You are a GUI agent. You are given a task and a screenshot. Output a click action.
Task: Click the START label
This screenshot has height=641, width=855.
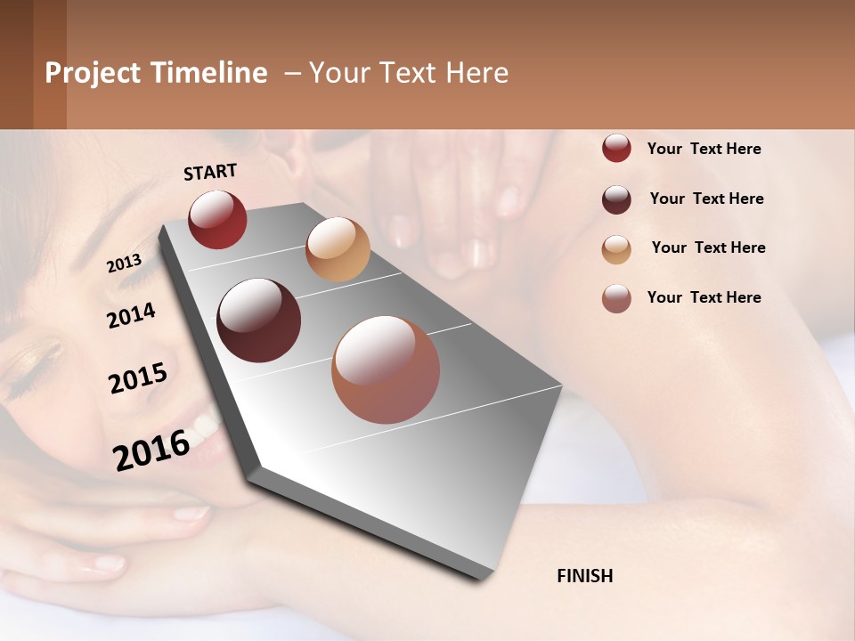pos(210,172)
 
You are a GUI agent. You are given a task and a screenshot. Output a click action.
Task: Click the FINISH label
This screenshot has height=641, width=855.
pos(584,576)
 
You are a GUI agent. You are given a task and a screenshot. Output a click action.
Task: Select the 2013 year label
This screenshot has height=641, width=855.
pos(124,264)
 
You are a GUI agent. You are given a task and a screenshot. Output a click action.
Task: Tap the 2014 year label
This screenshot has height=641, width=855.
pos(131,315)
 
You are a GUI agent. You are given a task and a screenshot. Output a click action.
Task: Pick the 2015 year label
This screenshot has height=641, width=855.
pos(137,378)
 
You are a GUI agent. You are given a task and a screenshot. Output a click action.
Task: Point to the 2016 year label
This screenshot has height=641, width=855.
pos(151,450)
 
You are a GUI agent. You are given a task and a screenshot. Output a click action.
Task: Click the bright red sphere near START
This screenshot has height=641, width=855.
pos(217,219)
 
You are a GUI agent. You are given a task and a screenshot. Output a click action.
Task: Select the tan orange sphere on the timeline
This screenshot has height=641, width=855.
pos(338,249)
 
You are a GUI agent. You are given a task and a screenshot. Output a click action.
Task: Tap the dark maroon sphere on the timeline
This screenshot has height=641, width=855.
pos(258,320)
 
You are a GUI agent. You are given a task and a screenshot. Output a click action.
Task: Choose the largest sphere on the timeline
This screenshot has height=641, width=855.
pos(386,369)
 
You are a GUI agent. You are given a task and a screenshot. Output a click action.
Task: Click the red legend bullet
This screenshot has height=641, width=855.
pos(616,148)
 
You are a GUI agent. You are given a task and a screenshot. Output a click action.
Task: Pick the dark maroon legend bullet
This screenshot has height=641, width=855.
pos(616,199)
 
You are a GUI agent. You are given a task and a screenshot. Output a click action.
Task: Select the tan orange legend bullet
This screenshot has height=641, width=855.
pos(616,249)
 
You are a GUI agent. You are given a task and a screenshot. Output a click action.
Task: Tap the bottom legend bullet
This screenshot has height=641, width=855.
pos(616,298)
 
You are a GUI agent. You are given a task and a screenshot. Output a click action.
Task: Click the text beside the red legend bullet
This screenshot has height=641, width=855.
pos(704,149)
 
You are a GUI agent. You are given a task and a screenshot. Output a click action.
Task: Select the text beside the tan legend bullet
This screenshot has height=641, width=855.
pos(708,247)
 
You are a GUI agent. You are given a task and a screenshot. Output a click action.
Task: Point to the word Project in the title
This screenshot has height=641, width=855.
pos(94,73)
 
